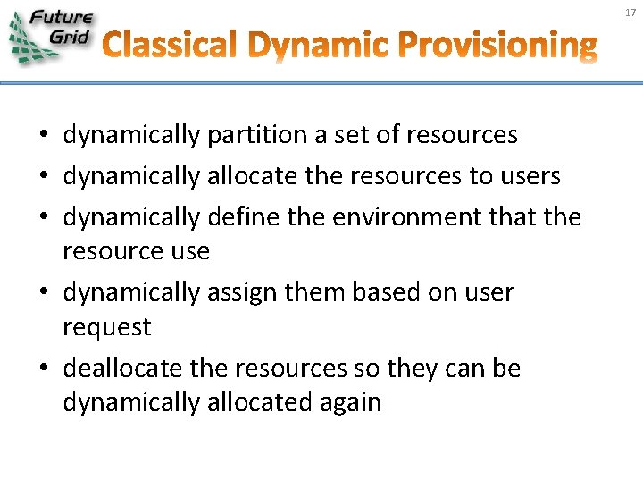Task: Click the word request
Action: click(x=106, y=328)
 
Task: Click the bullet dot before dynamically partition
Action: click(x=42, y=137)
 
